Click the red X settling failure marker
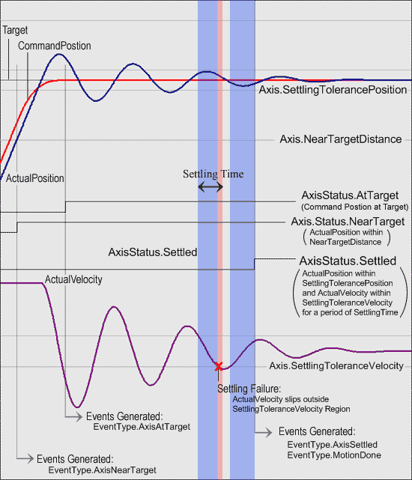coord(219,366)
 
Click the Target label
coord(15,30)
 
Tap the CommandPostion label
coord(55,46)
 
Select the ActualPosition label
coord(35,178)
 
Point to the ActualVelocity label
coord(73,279)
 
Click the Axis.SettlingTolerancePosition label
coord(333,90)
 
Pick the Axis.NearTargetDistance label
coord(341,139)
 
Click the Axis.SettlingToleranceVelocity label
coord(336,366)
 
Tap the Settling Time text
coord(213,174)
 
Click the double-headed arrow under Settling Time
coord(210,186)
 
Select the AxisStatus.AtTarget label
coord(350,195)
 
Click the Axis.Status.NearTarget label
coord(348,222)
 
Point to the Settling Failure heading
coord(249,389)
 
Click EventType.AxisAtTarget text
coord(142,427)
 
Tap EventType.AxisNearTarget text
coord(103,470)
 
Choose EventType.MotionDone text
coord(334,455)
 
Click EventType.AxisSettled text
coord(333,445)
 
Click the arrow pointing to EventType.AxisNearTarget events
coord(25,458)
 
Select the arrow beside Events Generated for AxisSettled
coord(264,432)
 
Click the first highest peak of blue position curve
coord(59,54)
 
